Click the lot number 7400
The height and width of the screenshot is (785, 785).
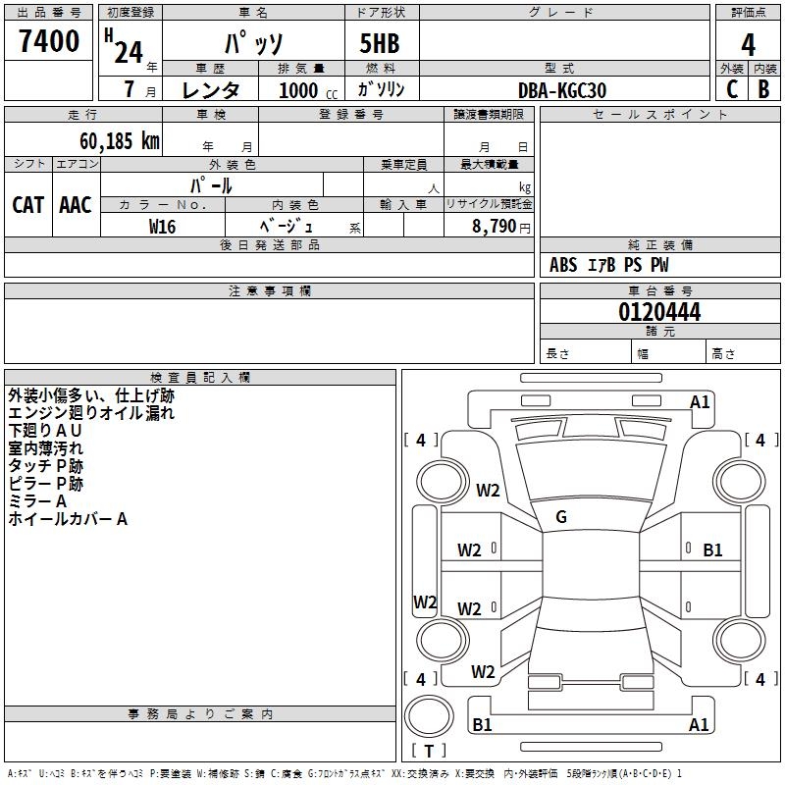point(49,41)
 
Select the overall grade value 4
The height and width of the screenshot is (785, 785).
point(748,45)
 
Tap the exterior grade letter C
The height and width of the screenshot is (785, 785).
point(731,88)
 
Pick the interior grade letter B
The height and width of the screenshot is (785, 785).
point(763,88)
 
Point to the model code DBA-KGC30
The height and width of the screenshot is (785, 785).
point(562,90)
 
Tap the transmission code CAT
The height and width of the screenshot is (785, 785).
point(27,205)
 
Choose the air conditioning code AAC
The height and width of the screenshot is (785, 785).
point(76,205)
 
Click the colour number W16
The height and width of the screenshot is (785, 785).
point(162,227)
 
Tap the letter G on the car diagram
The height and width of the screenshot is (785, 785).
point(561,516)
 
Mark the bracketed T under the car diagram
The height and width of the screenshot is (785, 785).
point(429,751)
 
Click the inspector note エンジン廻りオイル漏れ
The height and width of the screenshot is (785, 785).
point(91,413)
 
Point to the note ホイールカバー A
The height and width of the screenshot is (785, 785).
point(68,519)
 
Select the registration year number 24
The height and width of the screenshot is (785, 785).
point(129,51)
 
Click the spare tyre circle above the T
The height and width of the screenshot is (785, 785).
point(430,715)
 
